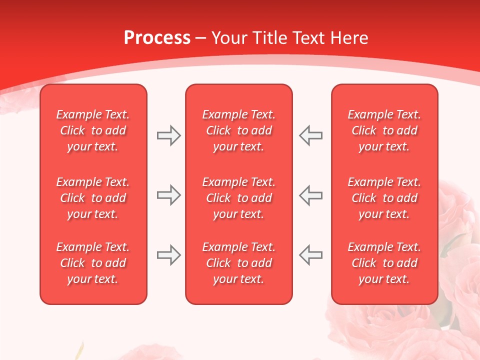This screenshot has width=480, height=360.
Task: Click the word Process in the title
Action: pos(157,38)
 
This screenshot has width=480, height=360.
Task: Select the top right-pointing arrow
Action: pos(168,135)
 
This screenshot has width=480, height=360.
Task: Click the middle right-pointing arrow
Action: pos(168,195)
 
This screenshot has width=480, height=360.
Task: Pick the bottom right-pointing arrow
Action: pos(168,255)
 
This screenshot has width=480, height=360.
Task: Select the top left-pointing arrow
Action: pos(311,135)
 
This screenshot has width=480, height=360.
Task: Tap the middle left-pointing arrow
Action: pos(311,195)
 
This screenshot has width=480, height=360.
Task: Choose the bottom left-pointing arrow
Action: pos(311,255)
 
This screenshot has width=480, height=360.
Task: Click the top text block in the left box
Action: pos(93,130)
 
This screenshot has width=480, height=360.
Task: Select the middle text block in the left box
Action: pos(93,198)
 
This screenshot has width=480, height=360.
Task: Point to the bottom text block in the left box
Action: pos(93,263)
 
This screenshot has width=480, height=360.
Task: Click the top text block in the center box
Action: pos(238,130)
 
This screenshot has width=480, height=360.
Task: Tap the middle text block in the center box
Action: pos(238,198)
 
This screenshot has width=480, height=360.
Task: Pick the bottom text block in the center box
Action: pos(238,263)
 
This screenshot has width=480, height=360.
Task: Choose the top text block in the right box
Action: pos(384,130)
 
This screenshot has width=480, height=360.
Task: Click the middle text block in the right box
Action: pos(384,198)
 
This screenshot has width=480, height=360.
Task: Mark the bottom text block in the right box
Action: pos(384,263)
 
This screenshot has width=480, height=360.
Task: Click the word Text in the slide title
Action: pos(309,38)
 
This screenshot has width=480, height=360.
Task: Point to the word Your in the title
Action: pos(229,38)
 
